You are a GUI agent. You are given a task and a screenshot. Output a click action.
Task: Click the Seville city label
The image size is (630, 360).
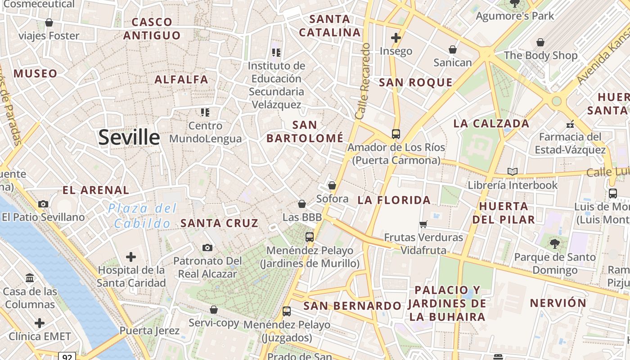(129, 137)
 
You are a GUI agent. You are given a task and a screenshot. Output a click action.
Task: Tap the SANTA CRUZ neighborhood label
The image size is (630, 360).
(219, 223)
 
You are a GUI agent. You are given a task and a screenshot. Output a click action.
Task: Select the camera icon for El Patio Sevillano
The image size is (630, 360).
(43, 204)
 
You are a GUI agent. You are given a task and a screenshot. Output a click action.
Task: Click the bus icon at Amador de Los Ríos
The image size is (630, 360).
(396, 134)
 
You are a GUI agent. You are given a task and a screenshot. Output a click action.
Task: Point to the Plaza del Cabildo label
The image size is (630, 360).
(143, 216)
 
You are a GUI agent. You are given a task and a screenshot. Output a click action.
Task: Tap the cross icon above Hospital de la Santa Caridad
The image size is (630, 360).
(131, 257)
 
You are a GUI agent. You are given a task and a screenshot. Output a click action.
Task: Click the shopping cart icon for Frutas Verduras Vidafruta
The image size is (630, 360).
(423, 224)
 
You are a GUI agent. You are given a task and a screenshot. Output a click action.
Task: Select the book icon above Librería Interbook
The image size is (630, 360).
(512, 171)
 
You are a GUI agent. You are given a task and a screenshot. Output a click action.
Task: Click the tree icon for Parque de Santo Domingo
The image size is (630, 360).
(555, 243)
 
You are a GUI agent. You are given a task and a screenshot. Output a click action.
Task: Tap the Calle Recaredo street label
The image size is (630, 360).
(363, 81)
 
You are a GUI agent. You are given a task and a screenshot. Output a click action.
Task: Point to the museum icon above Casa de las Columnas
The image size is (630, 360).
(30, 278)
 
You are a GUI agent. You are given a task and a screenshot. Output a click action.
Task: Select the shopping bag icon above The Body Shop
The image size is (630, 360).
(540, 42)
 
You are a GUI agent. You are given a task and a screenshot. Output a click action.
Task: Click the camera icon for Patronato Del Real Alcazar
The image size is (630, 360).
(207, 247)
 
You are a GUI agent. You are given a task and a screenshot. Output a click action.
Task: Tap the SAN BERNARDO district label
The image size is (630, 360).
(352, 306)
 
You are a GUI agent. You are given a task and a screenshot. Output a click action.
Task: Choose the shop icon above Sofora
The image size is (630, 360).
(332, 185)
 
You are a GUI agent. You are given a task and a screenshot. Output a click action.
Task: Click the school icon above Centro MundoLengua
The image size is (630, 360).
(205, 112)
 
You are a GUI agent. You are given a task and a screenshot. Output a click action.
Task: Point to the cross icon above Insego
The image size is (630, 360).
(396, 38)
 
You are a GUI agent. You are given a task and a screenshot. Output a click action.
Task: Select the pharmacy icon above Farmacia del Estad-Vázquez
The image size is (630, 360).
(570, 124)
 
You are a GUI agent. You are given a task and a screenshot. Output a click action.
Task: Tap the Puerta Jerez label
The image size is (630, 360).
(149, 331)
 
